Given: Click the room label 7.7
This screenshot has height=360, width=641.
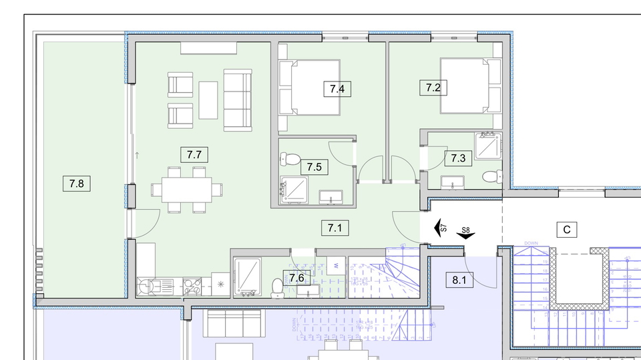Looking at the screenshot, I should pyautogui.click(x=194, y=155).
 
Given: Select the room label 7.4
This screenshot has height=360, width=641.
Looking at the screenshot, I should pyautogui.click(x=337, y=88).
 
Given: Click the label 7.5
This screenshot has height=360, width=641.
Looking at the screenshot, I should pyautogui.click(x=314, y=166).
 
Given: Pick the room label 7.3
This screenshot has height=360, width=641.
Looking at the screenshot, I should pyautogui.click(x=457, y=158).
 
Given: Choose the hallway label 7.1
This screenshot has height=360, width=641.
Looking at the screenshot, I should pyautogui.click(x=335, y=228).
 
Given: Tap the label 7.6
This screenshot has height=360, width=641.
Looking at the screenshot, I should pyautogui.click(x=297, y=277).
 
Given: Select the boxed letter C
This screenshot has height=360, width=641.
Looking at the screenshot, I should pyautogui.click(x=566, y=230).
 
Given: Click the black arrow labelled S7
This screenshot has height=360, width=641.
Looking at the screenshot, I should pyautogui.click(x=440, y=228).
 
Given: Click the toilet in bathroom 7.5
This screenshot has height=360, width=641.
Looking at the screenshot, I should pyautogui.click(x=290, y=160).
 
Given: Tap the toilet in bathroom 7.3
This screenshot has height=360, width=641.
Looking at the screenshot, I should pyautogui.click(x=491, y=177).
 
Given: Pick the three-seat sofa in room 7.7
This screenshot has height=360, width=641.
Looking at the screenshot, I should pyautogui.click(x=238, y=100).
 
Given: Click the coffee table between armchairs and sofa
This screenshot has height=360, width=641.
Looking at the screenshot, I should pyautogui.click(x=208, y=100).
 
